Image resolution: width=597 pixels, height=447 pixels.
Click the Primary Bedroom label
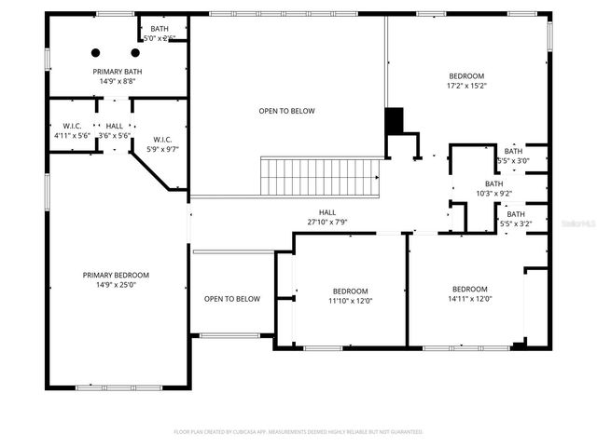coord(116,275)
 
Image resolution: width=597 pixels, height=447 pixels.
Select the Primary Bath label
coord(116,71)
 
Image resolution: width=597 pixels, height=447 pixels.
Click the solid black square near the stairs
coord(394,121)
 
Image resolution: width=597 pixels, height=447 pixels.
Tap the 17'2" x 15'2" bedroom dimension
coord(466,86)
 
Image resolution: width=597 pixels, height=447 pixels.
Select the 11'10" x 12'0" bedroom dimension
coord(350,300)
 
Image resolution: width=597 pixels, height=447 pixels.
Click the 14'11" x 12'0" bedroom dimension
coord(470,299)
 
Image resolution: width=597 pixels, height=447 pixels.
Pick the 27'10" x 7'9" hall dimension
coord(326,222)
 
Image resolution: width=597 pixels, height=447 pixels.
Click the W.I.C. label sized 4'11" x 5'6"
coord(72,126)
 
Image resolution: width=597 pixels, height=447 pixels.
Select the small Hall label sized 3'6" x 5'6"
coord(115,126)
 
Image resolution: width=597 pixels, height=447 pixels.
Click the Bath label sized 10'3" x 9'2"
coord(493,183)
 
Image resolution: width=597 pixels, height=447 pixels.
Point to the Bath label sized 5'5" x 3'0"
coord(514,151)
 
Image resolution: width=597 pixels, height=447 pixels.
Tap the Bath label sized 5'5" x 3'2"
coord(515,214)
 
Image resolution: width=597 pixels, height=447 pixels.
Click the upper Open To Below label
coord(286,111)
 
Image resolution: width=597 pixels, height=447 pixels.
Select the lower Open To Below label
coord(232,299)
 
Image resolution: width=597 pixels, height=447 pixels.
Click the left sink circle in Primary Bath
coord(95,52)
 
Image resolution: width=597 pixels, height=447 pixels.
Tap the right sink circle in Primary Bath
coord(135,52)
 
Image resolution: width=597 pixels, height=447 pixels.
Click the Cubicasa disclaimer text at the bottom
coord(298,431)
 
